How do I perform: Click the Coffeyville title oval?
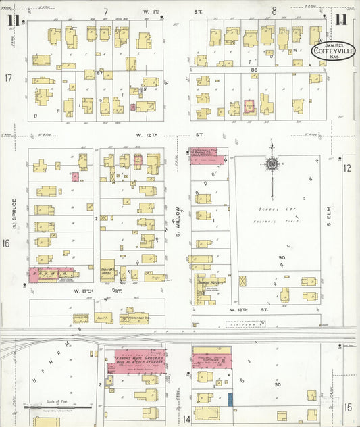pyautogui.click(x=332, y=51)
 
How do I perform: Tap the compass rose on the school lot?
pyautogui.click(x=272, y=164)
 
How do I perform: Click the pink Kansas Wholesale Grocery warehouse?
pyautogui.click(x=135, y=359)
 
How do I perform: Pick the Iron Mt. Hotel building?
pyautogui.click(x=108, y=270)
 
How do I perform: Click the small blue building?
pyautogui.click(x=230, y=399)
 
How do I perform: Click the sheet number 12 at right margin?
pyautogui.click(x=348, y=168)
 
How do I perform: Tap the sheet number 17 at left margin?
pyautogui.click(x=8, y=78)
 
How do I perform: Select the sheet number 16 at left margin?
pyautogui.click(x=7, y=243)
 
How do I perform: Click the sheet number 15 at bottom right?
pyautogui.click(x=348, y=407)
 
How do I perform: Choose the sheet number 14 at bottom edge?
pyautogui.click(x=186, y=420)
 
